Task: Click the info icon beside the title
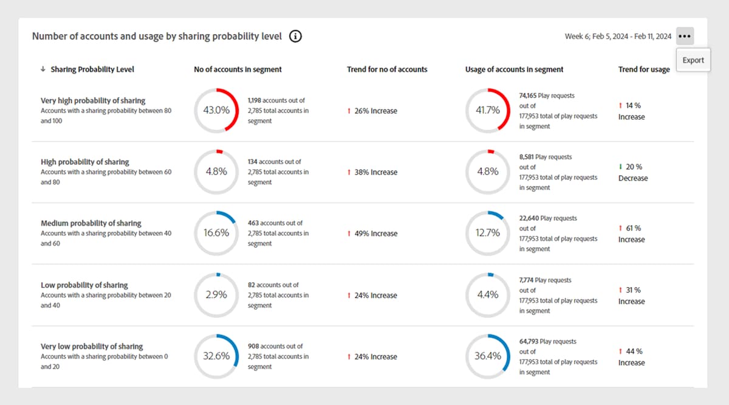(296, 36)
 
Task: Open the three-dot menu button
(685, 36)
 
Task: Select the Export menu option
(693, 60)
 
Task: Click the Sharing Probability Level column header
(92, 69)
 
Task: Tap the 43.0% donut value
(216, 110)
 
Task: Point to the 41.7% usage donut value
(488, 110)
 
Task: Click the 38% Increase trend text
(375, 172)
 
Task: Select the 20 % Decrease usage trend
(633, 172)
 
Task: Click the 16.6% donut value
(216, 233)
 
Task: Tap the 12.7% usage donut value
(488, 233)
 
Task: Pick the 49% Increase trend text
(375, 234)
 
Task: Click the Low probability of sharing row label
(84, 285)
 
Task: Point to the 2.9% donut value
(216, 294)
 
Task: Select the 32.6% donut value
(216, 356)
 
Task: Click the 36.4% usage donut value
(488, 356)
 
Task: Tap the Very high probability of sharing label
(93, 100)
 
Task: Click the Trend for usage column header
(644, 69)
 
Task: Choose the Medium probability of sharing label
(91, 223)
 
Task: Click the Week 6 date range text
(618, 36)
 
